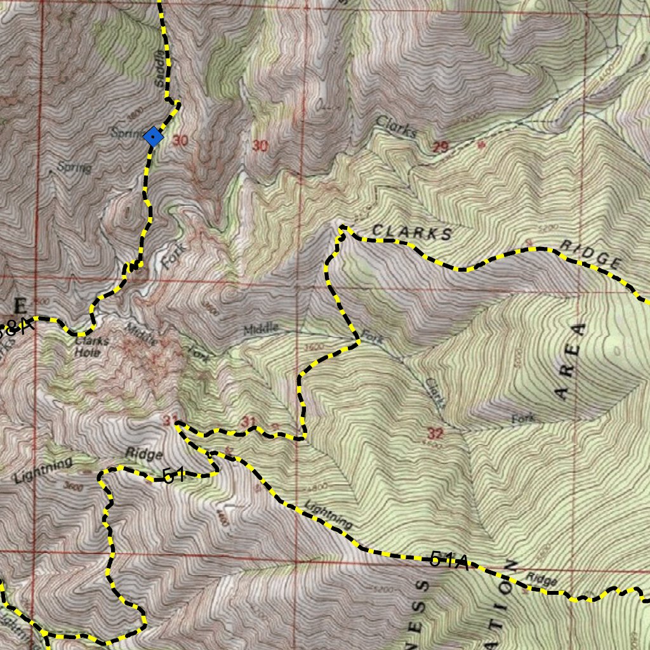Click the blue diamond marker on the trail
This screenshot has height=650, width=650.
coord(153,136)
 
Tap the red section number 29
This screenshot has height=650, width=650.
coord(441,147)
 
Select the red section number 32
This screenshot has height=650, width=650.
coord(435,434)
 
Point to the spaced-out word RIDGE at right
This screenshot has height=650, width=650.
coord(591,253)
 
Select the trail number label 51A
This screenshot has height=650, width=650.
coord(449,560)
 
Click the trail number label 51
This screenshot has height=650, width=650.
coord(174,475)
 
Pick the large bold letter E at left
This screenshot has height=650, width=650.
coord(22,305)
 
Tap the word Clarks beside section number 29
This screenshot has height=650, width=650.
coord(397,126)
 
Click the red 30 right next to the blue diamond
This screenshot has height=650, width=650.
coord(180,141)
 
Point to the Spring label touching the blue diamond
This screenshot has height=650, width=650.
coord(125,133)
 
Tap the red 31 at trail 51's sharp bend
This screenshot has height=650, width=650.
coord(169,420)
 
